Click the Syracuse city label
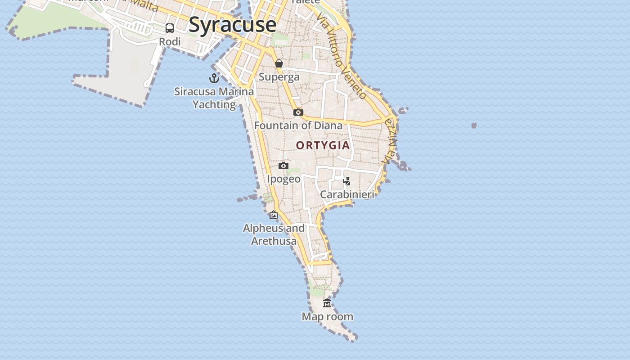232,24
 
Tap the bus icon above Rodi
170,28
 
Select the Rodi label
170,41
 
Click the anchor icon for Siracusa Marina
214,78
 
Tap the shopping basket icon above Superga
279,63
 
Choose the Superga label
279,77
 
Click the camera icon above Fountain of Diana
298,112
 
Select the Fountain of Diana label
298,126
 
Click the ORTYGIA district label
323,145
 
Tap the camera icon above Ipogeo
283,166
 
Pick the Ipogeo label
283,179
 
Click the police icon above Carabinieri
346,181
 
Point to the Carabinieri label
347,194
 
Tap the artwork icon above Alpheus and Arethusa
274,215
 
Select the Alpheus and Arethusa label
274,234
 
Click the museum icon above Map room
327,303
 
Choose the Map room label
327,317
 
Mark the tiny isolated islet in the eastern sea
474,126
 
